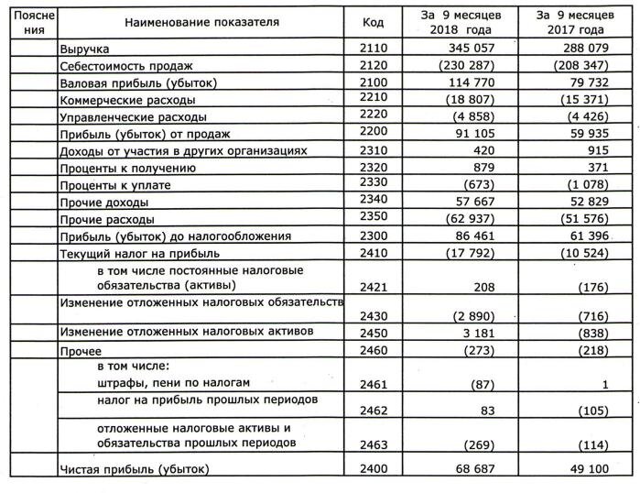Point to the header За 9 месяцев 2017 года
tap(577, 22)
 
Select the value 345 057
tap(468, 48)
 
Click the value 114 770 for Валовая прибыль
tap(468, 82)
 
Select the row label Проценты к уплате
tap(115, 185)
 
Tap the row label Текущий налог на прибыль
tap(138, 253)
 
